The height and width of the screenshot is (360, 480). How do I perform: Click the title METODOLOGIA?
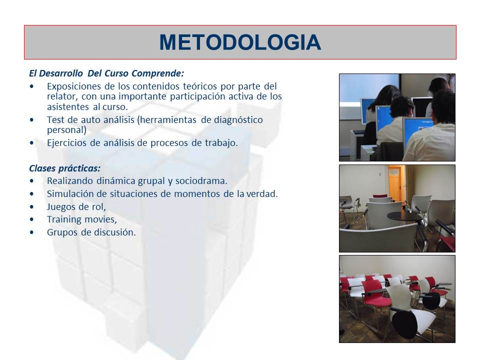coord(240,42)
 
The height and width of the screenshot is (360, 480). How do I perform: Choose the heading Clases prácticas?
coord(64,168)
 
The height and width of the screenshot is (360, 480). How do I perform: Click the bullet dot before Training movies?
coord(32,219)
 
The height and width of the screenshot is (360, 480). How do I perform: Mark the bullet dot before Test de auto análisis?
coord(32,120)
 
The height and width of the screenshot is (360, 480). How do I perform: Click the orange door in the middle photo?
coord(394,183)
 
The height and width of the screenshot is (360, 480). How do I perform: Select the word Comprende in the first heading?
coord(160,73)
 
